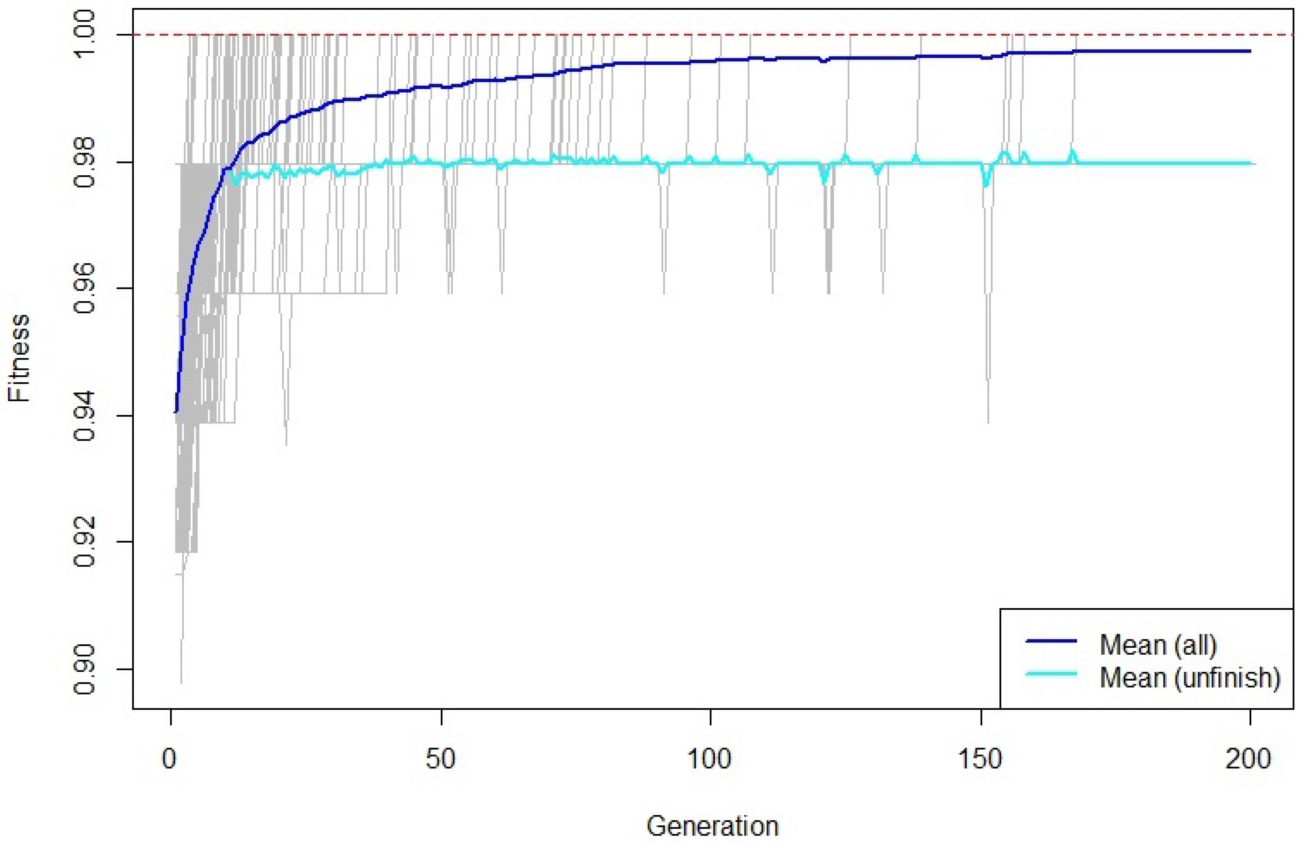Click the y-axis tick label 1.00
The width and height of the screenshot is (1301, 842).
[84, 35]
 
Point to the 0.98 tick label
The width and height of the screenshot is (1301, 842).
[84, 163]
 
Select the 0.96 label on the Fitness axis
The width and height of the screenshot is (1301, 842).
[84, 289]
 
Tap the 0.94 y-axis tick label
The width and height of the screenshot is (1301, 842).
[84, 416]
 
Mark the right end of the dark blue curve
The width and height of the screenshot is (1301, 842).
[1250, 51]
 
